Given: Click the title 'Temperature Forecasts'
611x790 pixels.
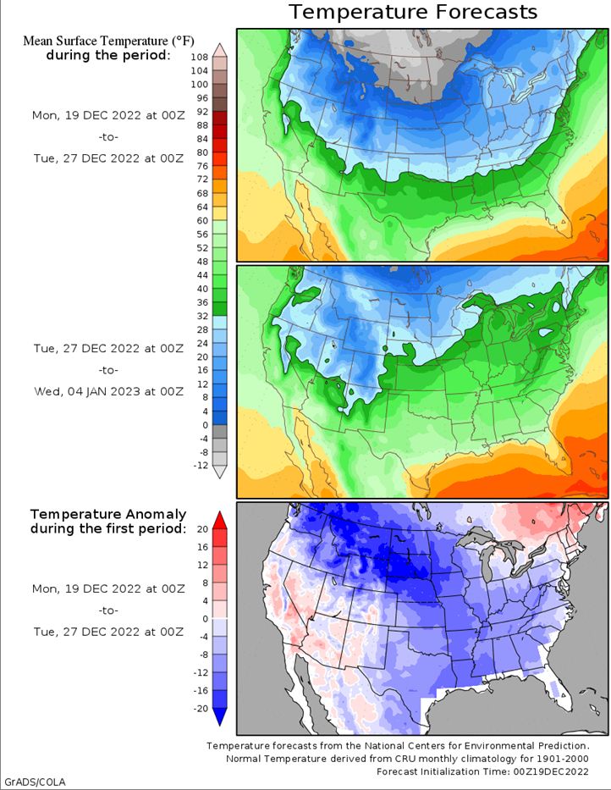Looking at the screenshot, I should coord(413,12).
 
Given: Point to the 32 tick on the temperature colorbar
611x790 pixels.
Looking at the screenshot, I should coord(202,315).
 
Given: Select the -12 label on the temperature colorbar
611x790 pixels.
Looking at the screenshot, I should coord(201,465).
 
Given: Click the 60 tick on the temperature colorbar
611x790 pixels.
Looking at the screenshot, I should coord(202,220).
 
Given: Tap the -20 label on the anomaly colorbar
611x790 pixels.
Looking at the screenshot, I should coord(201,707).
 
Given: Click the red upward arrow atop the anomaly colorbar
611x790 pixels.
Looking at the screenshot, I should coord(220,518).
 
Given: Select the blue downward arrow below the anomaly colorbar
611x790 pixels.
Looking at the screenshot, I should coord(220,717).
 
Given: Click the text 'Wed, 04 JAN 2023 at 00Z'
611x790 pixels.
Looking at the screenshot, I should coord(107,391).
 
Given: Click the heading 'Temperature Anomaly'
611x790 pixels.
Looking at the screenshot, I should coord(107,514).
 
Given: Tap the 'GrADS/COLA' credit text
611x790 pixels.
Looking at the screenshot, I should coord(35,781).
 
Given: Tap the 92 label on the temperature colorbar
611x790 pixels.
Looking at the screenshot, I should coord(202,112).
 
